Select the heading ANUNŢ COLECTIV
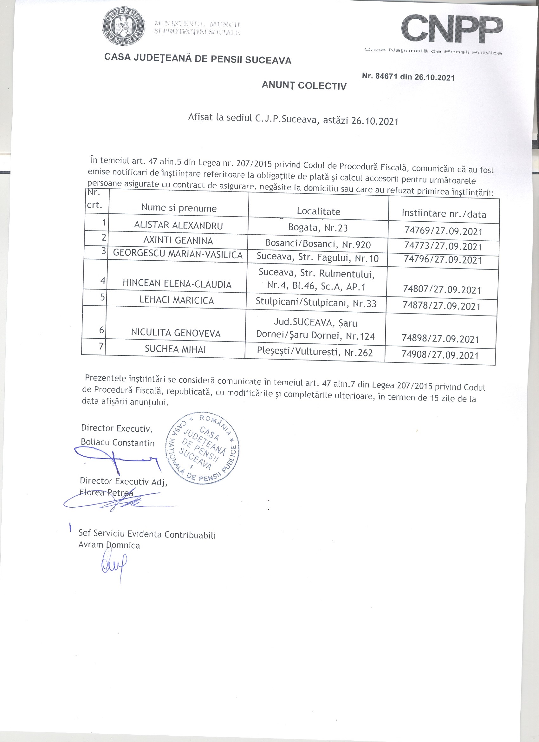[x=304, y=85]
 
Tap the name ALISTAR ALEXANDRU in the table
[x=178, y=225]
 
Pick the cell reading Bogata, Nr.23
[x=318, y=228]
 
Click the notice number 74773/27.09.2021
[x=443, y=246]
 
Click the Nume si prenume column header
[x=179, y=208]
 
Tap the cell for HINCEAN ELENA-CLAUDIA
[x=177, y=284]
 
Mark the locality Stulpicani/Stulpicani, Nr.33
[x=315, y=303]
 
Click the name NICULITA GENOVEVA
[x=176, y=333]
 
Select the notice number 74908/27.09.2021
[x=440, y=355]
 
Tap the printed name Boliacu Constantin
[x=118, y=443]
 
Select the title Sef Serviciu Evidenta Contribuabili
[x=147, y=534]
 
